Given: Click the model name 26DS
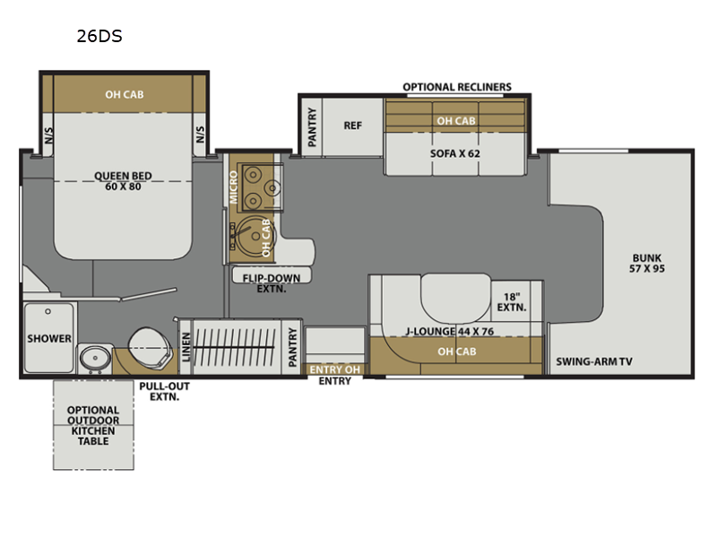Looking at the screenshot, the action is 99,36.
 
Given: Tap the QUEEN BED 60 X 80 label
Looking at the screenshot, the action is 123,181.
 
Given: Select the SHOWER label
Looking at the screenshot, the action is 49,339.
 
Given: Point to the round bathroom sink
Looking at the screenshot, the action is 95,358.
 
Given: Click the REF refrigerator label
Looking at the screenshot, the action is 352,126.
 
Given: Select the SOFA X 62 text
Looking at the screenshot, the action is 455,153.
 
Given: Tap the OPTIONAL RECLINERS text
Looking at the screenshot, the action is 457,87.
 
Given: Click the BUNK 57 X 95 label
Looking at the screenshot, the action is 646,263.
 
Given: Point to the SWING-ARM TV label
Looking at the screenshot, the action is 594,361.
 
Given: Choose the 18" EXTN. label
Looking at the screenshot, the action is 512,302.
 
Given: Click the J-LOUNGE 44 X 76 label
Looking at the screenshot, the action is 450,331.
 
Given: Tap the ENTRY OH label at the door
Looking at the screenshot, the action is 334,369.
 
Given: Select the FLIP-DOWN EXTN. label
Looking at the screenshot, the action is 272,283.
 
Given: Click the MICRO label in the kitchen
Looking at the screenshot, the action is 234,187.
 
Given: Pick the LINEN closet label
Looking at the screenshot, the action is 186,347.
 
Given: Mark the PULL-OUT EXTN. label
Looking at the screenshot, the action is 164,392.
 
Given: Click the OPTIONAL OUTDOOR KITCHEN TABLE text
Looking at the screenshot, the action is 93,425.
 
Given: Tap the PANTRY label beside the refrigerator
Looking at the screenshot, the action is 312,127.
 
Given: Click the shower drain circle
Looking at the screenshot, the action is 48,311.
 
